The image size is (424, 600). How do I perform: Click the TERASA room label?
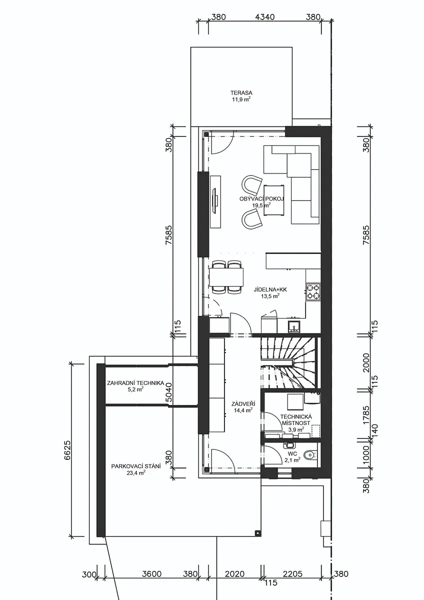click(241, 93)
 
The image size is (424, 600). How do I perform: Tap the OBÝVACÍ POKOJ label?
click(261, 199)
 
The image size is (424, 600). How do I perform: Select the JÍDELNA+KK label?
click(270, 289)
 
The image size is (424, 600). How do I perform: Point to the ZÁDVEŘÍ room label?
click(243, 403)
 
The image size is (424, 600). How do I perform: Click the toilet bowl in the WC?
click(310, 454)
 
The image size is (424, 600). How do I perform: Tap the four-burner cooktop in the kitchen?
click(313, 291)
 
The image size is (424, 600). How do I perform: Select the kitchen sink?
click(295, 326)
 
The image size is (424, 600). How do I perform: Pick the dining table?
click(226, 277)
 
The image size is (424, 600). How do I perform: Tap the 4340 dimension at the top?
click(265, 17)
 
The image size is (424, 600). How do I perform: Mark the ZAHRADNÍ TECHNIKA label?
click(135, 383)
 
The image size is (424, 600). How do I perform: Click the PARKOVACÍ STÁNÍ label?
click(136, 466)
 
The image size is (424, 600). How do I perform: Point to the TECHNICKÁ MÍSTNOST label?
click(296, 419)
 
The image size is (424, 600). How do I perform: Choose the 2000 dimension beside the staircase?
click(366, 362)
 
